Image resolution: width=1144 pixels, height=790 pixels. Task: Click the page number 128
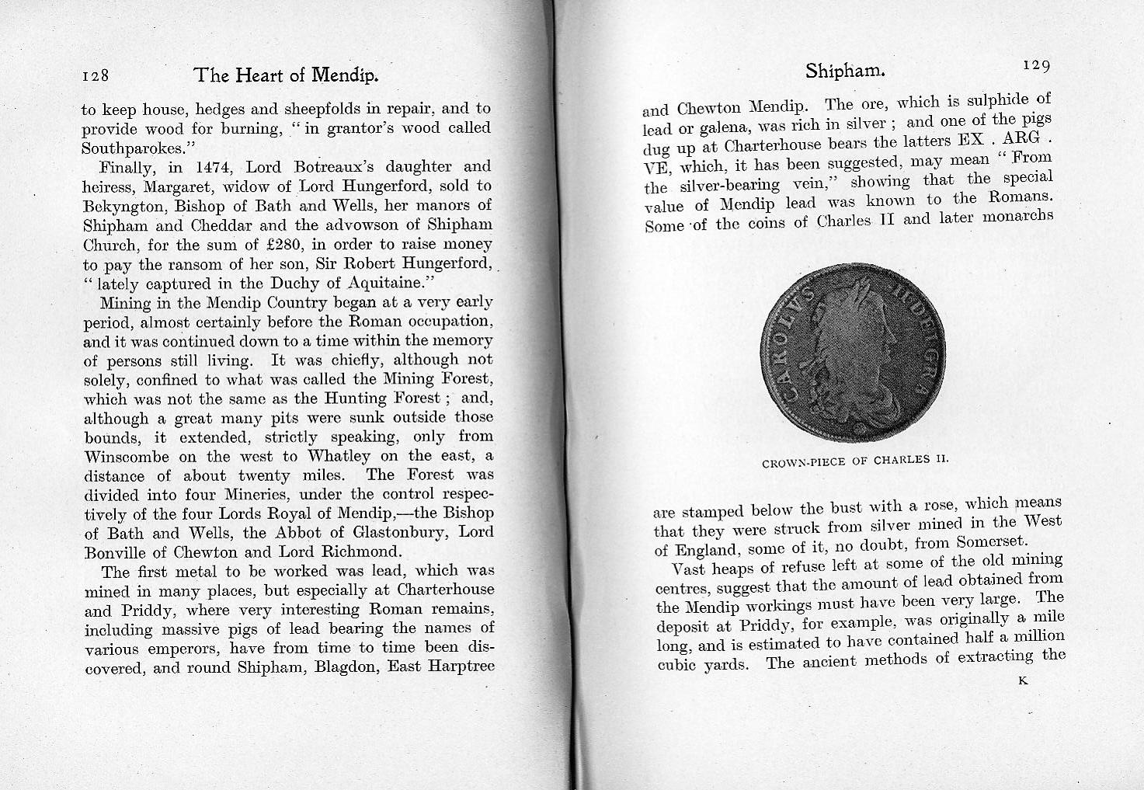click(x=98, y=76)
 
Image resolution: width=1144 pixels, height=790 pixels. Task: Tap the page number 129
click(x=1037, y=66)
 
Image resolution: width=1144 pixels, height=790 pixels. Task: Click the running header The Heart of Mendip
click(x=285, y=75)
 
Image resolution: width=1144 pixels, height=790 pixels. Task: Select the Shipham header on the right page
click(x=845, y=71)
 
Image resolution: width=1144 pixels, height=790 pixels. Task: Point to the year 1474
click(x=215, y=167)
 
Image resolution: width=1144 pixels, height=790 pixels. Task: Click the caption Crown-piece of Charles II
click(x=856, y=461)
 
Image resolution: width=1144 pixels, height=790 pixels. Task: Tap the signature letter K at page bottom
click(x=1022, y=682)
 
